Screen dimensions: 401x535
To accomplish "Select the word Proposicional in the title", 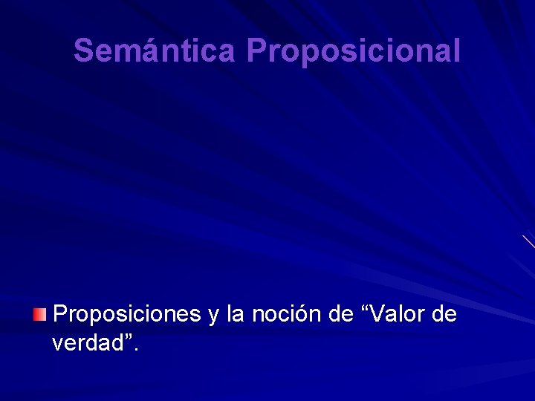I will click(x=354, y=50).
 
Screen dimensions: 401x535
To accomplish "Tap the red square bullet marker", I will click(x=39, y=316).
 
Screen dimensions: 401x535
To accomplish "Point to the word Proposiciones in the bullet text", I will click(x=126, y=315).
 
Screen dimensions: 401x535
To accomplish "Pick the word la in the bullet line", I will click(x=236, y=315).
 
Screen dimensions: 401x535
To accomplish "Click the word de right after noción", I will click(x=340, y=315).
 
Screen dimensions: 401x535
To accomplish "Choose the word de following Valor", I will click(x=444, y=315).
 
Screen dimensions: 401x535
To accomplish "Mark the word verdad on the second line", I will click(x=87, y=344).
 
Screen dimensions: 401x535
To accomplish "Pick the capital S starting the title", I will click(x=84, y=50).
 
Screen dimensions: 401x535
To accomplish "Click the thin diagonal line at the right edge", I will click(x=528, y=241).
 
